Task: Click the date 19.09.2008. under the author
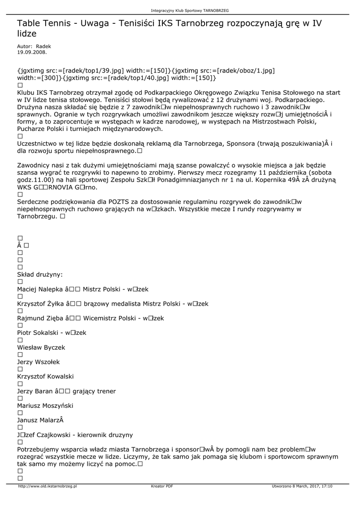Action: click(x=32, y=52)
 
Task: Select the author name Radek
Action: click(x=43, y=46)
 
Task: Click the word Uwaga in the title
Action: click(x=93, y=23)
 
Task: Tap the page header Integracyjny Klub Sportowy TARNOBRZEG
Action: click(x=190, y=10)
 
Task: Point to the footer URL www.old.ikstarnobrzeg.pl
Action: click(x=47, y=486)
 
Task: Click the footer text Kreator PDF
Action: click(x=162, y=486)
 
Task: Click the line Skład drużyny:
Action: click(x=40, y=275)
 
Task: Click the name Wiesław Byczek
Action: click(x=41, y=348)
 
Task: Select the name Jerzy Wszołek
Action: click(x=39, y=362)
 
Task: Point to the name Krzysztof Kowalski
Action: click(x=45, y=377)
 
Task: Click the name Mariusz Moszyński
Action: click(x=44, y=406)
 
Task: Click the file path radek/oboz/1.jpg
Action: click(x=243, y=71)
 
